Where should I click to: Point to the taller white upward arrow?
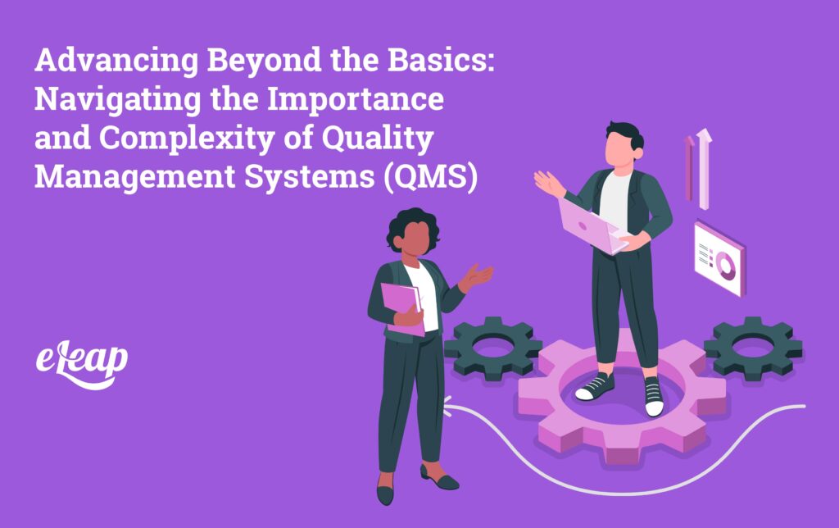[x=704, y=168]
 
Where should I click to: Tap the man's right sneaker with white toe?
[x=653, y=398]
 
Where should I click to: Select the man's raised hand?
[x=548, y=182]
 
